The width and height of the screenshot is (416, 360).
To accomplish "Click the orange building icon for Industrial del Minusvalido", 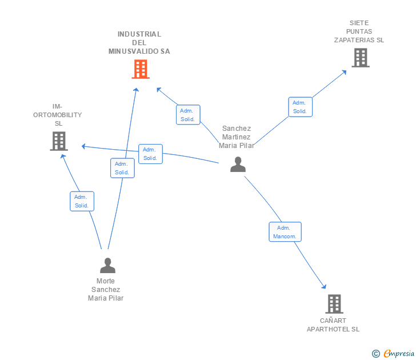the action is tap(141, 69).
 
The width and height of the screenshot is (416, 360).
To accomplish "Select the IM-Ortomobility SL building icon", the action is tap(59, 141).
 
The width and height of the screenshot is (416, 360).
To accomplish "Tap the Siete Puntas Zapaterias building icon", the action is tap(361, 58).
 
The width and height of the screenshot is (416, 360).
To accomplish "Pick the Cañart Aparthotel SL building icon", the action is tap(334, 304).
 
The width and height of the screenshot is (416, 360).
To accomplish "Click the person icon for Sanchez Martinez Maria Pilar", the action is tap(238, 164).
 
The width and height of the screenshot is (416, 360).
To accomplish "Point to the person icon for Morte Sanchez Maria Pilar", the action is tap(107, 265).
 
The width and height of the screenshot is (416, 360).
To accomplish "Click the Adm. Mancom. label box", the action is tap(285, 232).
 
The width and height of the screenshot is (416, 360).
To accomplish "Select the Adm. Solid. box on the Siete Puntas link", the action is tap(301, 107).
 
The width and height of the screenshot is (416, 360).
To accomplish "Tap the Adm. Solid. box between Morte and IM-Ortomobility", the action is tap(82, 201).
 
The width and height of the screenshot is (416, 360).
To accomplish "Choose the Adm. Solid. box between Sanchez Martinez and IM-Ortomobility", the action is tap(150, 154).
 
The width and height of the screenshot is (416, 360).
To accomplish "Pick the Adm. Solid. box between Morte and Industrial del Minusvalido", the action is tap(122, 168).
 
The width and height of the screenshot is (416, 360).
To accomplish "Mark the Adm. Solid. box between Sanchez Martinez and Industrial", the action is tap(188, 115).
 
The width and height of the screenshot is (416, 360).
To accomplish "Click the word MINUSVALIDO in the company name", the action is tap(134, 51).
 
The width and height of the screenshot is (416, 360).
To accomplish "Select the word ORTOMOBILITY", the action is tap(58, 115).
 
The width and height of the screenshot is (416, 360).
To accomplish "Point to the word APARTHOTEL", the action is tap(328, 329).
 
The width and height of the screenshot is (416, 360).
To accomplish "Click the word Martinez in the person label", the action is tap(237, 137).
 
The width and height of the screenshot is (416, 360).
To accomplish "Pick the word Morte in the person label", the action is tap(106, 281).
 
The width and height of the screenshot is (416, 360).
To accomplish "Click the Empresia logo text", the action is tap(399, 353).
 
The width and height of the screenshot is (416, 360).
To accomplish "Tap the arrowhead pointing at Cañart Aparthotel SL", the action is tap(324, 286).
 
